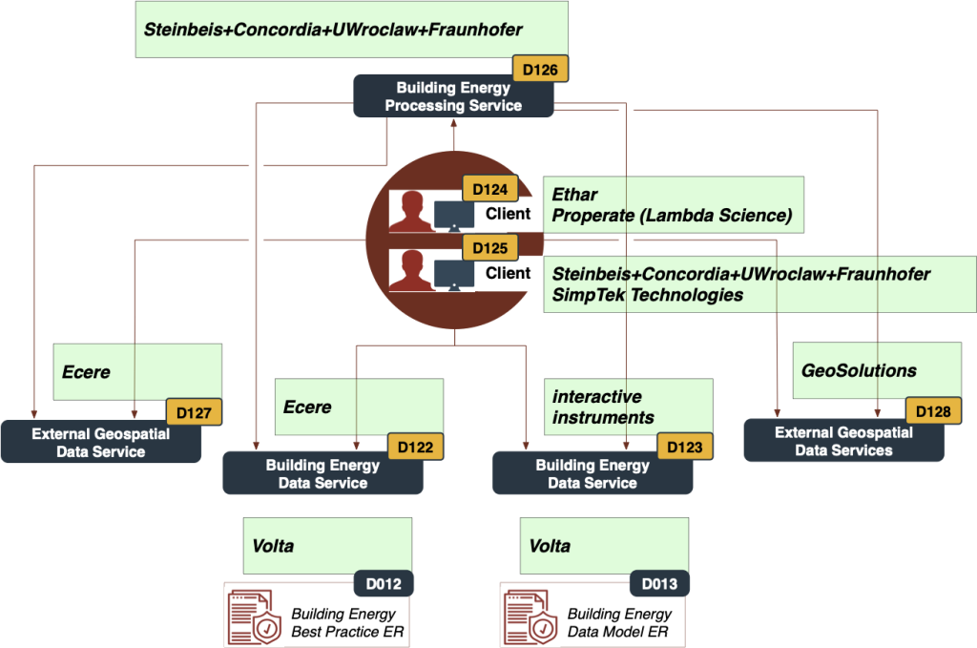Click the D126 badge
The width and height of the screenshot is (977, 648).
[541, 70]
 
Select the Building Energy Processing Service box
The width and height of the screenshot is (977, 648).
[453, 96]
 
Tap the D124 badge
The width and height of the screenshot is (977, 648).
[489, 189]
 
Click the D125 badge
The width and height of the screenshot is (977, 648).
[489, 248]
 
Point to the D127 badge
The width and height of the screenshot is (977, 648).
[194, 411]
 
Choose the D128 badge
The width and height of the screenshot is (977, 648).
[933, 411]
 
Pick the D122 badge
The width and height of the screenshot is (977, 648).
[416, 447]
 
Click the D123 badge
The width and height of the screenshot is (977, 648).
[685, 447]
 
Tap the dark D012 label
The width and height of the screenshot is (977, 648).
[384, 583]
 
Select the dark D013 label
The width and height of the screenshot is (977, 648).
[659, 583]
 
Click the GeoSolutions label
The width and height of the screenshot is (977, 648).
[859, 370]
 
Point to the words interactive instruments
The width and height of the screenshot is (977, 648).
[603, 407]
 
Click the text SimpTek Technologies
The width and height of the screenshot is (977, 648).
[647, 295]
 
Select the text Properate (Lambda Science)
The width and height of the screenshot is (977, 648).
[672, 216]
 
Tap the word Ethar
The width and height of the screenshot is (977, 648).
[574, 196]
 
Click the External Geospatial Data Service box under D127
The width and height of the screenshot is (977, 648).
[100, 442]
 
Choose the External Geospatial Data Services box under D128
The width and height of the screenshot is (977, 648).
[843, 441]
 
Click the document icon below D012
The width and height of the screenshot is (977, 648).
[254, 617]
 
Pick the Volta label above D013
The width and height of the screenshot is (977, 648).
[550, 546]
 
